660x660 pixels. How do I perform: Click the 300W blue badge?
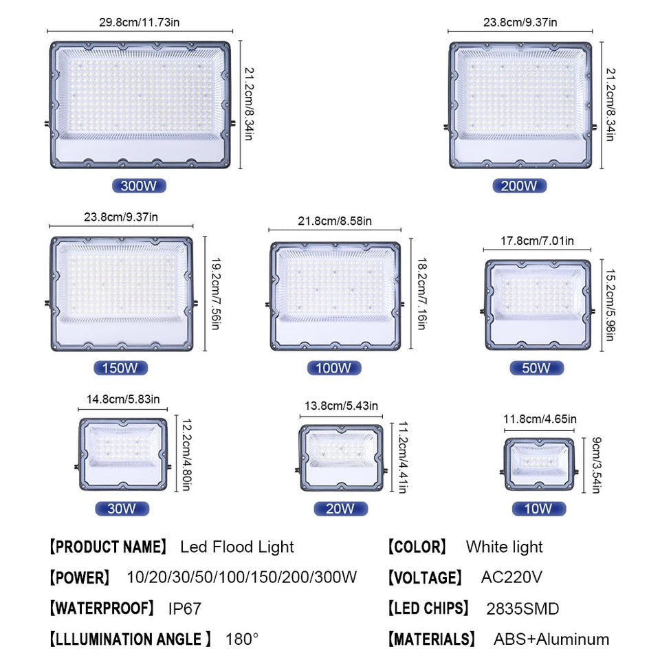click(139, 186)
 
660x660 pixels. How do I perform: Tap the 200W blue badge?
click(520, 186)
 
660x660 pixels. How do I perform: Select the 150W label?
click(120, 368)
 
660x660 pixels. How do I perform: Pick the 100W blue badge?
click(334, 368)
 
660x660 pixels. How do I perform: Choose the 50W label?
click(537, 368)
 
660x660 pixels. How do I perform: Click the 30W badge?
click(122, 509)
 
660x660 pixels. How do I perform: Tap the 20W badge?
click(340, 509)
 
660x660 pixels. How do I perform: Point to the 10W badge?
click(539, 509)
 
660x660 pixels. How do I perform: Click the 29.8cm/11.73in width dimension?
click(140, 22)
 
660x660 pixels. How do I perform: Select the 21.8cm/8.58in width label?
click(335, 221)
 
